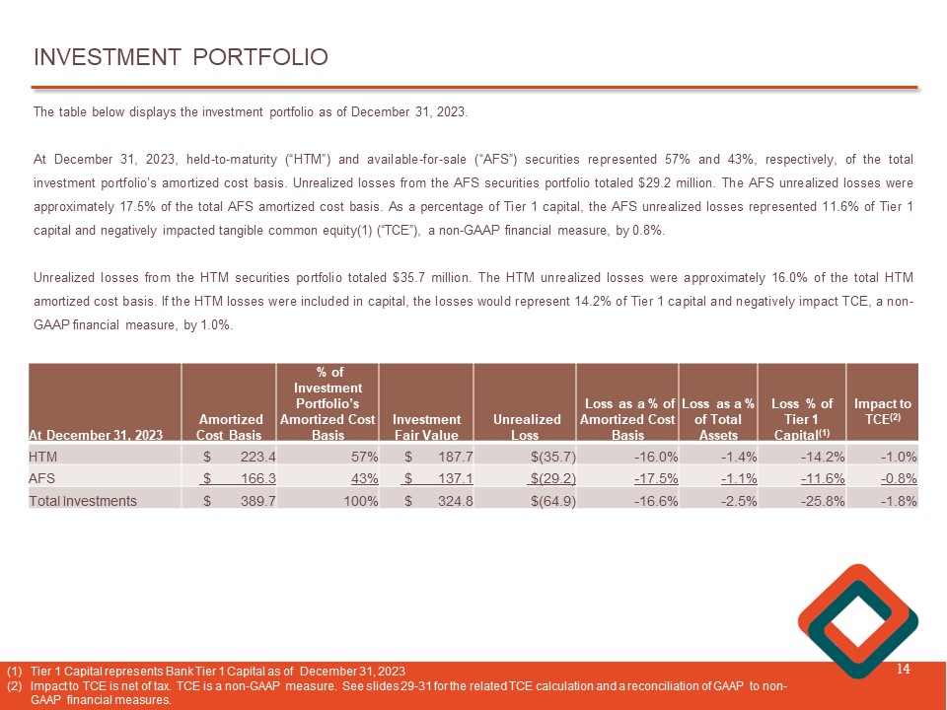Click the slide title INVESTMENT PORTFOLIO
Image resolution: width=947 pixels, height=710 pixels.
(181, 57)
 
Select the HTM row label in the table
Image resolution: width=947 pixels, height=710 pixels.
(43, 457)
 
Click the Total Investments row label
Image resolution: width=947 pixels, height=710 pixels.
(83, 501)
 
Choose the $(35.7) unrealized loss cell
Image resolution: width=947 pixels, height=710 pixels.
(551, 457)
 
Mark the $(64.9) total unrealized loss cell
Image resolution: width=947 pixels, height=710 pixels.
(551, 501)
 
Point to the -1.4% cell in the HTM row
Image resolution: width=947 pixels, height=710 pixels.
(733, 457)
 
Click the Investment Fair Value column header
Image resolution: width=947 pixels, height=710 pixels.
(426, 427)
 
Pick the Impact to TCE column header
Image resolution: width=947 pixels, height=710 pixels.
(882, 411)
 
